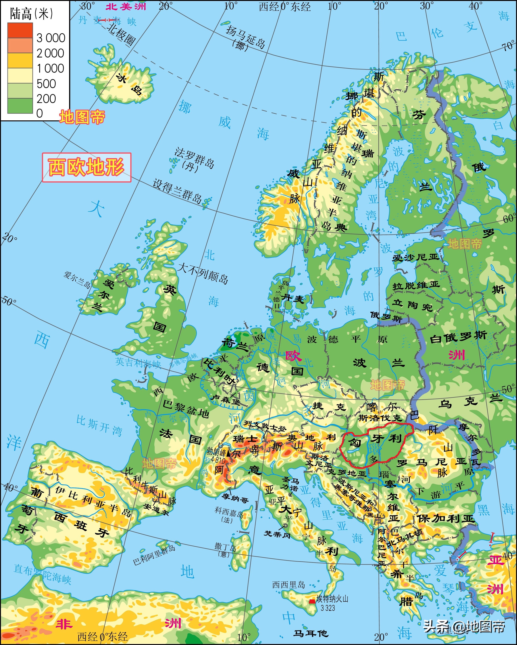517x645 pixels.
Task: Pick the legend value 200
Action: [x=46, y=98]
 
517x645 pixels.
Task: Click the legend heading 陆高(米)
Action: [x=31, y=14]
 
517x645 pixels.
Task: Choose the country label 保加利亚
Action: [x=446, y=519]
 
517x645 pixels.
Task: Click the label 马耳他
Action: [x=311, y=634]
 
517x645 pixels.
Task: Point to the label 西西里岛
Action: [x=288, y=585]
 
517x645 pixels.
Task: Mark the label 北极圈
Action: [x=121, y=35]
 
